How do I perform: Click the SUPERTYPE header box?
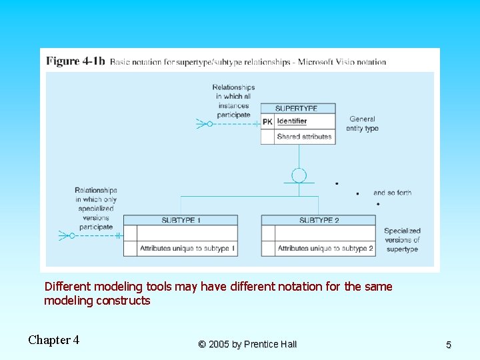click(x=297, y=108)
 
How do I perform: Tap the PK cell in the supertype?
click(x=267, y=121)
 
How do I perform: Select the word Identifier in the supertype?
click(x=292, y=121)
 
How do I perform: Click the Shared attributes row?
click(x=304, y=137)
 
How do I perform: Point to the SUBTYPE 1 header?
click(x=181, y=220)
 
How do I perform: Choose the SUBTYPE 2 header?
click(x=319, y=220)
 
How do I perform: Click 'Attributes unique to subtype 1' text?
click(x=187, y=249)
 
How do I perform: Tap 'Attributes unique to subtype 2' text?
click(x=325, y=249)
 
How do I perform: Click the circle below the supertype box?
click(x=299, y=175)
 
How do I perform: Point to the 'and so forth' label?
click(x=392, y=193)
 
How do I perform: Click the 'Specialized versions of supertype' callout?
click(x=402, y=240)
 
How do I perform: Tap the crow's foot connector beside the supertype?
click(x=202, y=124)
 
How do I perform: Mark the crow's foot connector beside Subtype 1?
click(x=65, y=235)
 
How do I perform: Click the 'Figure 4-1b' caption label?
click(x=75, y=61)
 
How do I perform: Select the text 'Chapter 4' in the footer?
click(x=53, y=340)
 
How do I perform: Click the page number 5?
click(x=449, y=345)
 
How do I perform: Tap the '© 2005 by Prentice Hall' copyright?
click(x=247, y=344)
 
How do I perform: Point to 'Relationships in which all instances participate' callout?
click(x=233, y=101)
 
